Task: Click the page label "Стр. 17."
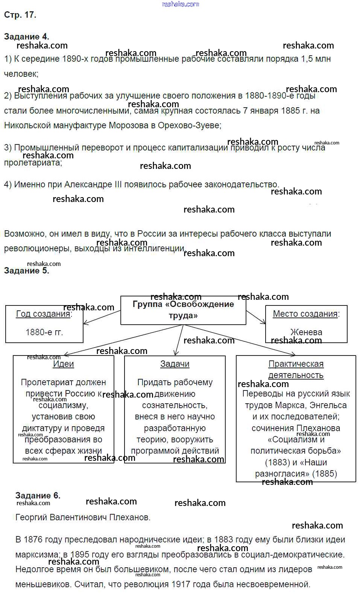pos(20,15)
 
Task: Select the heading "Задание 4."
pos(26,36)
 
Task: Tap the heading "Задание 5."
pos(26,270)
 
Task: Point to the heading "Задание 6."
pos(38,495)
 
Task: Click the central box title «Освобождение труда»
pos(183,310)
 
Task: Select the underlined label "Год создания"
pos(43,314)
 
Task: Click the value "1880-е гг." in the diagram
pos(44,332)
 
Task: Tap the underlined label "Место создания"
pos(305,314)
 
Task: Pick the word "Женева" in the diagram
pos(306,332)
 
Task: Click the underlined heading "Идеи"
pos(63,364)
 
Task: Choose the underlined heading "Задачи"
pos(175,364)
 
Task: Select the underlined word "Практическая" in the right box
pos(296,364)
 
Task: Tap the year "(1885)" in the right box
pos(325,474)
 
